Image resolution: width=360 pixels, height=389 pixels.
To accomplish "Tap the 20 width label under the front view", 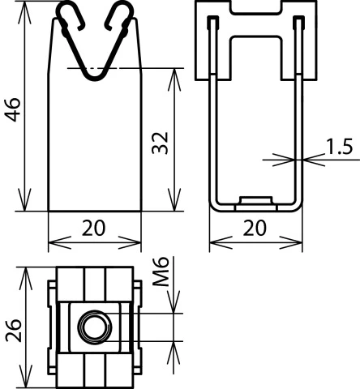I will [x=95, y=229].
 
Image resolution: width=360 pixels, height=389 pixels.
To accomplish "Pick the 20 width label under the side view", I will [x=256, y=229].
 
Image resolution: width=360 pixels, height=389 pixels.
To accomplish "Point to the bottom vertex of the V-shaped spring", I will [x=95, y=78].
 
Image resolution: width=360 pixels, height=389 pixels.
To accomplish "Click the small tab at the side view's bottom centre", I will [x=256, y=199].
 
